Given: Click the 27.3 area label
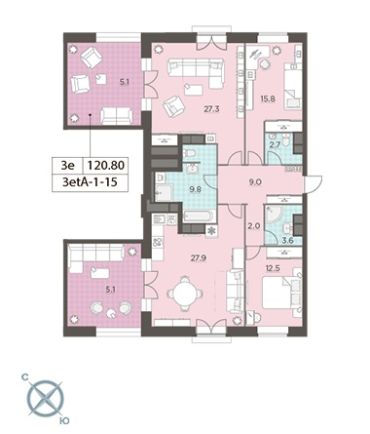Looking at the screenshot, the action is [211, 109].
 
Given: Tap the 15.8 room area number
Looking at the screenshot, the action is [268, 99].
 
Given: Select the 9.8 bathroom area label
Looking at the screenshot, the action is [195, 189].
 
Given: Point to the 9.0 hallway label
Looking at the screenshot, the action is [255, 182].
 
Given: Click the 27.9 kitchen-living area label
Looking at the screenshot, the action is [199, 258].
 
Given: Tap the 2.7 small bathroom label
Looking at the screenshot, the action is [275, 144].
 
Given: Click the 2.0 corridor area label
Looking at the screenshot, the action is [254, 226].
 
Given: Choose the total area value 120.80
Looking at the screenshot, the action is [106, 165].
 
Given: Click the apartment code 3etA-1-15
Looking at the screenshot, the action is [90, 182].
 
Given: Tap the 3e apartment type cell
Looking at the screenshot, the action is [68, 165].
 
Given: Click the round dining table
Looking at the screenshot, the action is [185, 294].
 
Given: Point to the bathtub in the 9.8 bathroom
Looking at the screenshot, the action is [199, 217].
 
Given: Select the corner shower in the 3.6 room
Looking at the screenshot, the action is [274, 216].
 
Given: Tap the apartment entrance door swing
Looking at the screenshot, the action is [314, 184].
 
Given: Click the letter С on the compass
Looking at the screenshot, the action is [24, 377].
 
